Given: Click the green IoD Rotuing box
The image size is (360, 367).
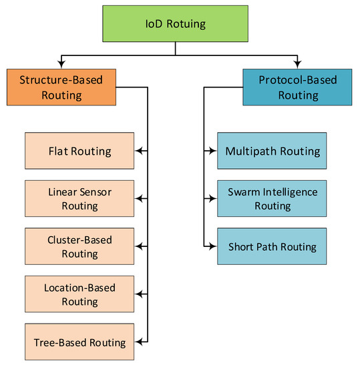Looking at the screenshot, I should [x=175, y=25].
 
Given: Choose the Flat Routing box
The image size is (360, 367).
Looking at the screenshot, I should [x=79, y=151].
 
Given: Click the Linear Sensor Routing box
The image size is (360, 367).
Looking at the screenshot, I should [x=79, y=198].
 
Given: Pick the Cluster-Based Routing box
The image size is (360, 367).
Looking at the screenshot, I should [x=79, y=246].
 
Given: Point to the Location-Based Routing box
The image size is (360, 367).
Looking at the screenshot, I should [x=79, y=294].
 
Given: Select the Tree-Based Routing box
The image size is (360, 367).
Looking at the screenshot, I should [x=79, y=342].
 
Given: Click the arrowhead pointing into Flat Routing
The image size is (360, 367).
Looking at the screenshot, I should [x=138, y=151].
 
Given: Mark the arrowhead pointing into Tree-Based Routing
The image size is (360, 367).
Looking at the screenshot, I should [x=138, y=342].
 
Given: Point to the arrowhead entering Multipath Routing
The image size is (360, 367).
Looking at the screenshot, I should [x=212, y=151].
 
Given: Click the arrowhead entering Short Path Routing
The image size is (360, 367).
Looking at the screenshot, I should [x=212, y=246].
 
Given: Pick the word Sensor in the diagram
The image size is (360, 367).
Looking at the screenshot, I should [x=94, y=192].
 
